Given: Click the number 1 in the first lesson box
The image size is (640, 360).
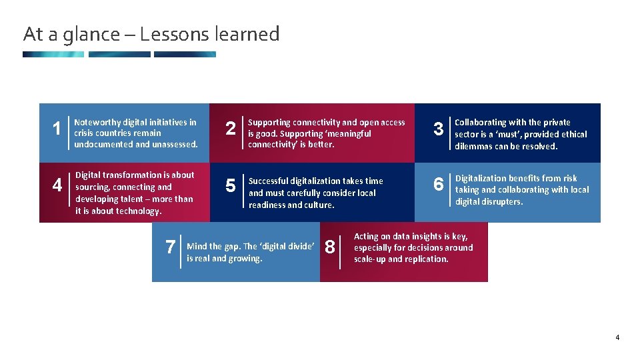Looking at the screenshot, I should click(x=57, y=127).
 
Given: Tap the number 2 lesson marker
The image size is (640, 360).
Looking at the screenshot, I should click(x=231, y=128).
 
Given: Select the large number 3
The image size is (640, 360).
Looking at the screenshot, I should click(x=439, y=129).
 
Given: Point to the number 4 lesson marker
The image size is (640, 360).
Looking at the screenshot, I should click(x=57, y=185).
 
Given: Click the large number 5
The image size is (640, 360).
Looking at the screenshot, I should click(x=231, y=185).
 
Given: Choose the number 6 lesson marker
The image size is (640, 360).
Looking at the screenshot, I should click(x=439, y=184).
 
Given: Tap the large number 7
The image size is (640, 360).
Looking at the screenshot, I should click(x=170, y=247).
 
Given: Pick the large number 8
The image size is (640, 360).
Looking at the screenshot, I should click(x=329, y=247).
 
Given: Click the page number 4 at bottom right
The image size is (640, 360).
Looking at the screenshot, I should click(x=617, y=337).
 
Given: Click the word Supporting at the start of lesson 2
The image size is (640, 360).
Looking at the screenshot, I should click(x=269, y=123).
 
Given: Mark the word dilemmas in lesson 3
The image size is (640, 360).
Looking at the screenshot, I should click(x=475, y=146).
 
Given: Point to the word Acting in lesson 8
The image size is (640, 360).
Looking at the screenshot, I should click(x=367, y=236).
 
